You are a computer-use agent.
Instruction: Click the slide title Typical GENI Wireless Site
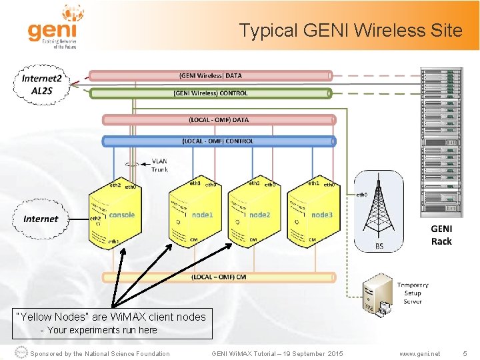[351, 30]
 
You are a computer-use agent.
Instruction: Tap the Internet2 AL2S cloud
[41, 84]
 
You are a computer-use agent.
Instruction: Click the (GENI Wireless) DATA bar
[210, 76]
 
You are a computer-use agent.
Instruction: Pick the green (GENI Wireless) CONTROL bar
[210, 93]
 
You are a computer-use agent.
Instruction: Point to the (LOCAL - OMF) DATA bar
[219, 120]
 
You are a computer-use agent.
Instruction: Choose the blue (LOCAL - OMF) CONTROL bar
[219, 141]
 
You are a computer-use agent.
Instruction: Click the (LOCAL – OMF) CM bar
[219, 277]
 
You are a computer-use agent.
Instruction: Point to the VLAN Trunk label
[160, 165]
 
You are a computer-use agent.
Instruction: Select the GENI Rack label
[441, 235]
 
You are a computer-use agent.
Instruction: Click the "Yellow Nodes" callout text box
[112, 323]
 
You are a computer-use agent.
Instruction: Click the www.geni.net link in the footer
[419, 354]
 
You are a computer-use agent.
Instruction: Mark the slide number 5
[465, 354]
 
